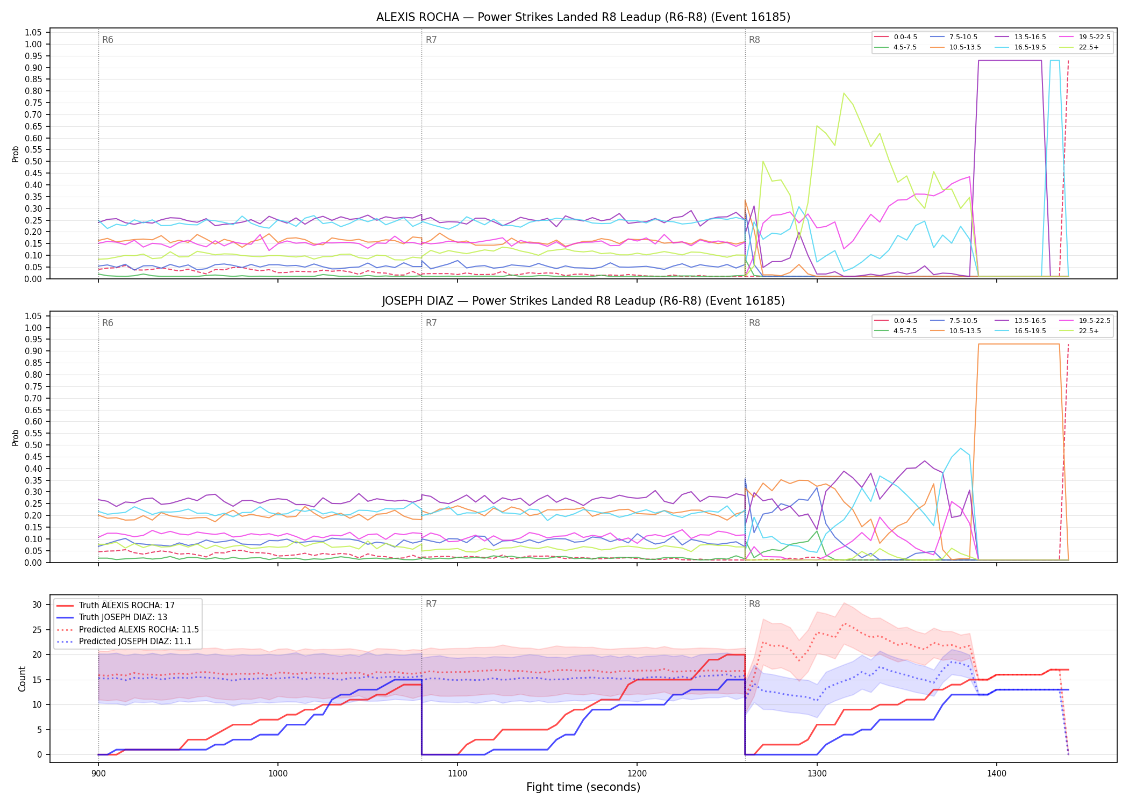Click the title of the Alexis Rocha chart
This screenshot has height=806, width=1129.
[583, 17]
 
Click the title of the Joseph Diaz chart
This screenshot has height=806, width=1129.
[583, 301]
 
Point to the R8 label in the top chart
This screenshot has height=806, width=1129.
[754, 40]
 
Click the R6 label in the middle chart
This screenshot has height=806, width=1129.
[108, 323]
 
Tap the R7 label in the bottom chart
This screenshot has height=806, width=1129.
[431, 604]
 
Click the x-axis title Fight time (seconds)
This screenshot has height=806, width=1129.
[583, 787]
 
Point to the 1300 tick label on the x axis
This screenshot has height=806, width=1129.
[817, 773]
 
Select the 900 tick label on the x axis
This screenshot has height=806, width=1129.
[98, 773]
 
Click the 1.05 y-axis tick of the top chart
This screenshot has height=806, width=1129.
[33, 33]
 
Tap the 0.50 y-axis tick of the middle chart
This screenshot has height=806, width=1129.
[33, 445]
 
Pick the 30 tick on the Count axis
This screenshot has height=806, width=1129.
[37, 604]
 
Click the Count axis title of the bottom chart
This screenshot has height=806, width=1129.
[22, 679]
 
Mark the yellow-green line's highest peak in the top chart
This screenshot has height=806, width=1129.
[844, 93]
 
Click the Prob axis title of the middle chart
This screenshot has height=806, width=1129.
[16, 437]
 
